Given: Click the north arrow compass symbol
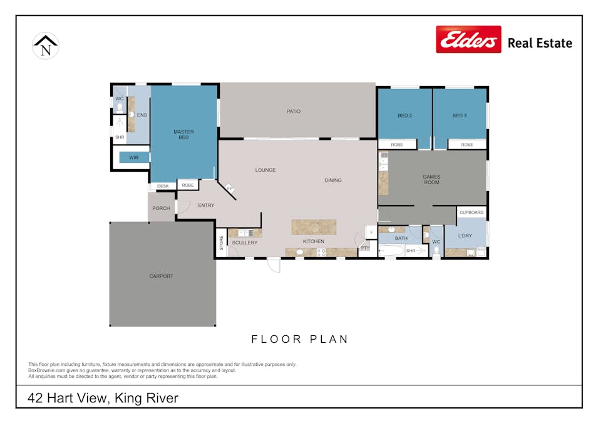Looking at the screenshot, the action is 45,46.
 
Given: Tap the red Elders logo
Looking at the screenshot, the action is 468,39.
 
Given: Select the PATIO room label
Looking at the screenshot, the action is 293,112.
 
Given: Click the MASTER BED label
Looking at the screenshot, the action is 184,134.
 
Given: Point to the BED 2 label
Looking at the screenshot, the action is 405,115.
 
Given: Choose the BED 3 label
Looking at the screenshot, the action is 460,115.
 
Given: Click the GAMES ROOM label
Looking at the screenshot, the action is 431,179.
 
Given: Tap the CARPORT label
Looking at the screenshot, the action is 161,276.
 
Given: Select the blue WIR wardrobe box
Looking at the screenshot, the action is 134,157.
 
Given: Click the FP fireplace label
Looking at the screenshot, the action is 230,189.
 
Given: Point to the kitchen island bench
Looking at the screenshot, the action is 314,227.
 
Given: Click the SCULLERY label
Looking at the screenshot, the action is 245,243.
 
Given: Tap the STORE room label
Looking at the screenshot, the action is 221,243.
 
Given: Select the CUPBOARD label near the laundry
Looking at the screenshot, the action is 472,212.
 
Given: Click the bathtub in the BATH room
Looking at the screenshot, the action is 391,251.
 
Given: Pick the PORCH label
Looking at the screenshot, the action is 161,208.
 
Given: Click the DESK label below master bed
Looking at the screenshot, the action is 163,186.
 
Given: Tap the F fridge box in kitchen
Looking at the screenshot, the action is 371,232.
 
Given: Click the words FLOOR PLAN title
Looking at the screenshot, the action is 300,339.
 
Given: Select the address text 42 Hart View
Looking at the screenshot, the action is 67,398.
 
